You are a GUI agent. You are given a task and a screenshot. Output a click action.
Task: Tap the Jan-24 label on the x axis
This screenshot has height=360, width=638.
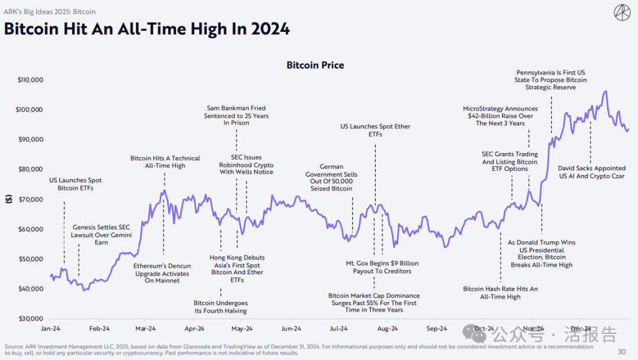click(x=50, y=329)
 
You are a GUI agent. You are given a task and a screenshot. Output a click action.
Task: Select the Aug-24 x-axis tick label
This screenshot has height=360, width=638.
click(x=388, y=329)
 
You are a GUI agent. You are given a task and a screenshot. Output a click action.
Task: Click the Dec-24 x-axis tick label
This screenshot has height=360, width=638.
click(x=581, y=329)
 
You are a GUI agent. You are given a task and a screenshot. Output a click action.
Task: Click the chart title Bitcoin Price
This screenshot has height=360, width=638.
click(x=315, y=65)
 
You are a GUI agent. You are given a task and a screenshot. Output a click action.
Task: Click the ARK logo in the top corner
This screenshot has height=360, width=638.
click(x=622, y=12)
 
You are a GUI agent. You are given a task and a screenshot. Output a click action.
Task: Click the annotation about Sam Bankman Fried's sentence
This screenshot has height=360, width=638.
click(x=236, y=116)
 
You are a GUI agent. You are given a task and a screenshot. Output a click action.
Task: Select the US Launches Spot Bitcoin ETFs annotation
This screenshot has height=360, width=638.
click(x=76, y=184)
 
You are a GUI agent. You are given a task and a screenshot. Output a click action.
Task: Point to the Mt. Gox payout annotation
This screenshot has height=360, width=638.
click(x=382, y=267)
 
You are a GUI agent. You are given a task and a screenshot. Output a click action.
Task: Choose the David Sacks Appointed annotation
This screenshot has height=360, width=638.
click(x=591, y=172)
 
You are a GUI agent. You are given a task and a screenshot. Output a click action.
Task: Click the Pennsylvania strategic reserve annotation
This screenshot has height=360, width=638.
click(x=551, y=80)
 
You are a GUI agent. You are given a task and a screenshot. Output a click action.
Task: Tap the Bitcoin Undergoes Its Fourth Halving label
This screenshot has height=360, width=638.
click(x=220, y=307)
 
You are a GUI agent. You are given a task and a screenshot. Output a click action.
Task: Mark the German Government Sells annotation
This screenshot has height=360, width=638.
click(x=331, y=178)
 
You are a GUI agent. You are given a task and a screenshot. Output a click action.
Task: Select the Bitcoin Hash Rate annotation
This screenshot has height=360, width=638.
click(x=500, y=293)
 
